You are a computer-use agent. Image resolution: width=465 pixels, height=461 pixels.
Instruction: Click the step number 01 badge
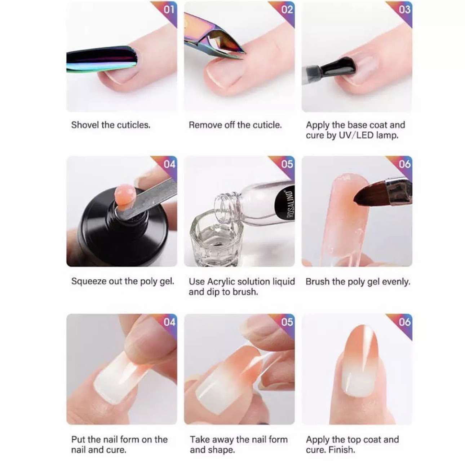169,10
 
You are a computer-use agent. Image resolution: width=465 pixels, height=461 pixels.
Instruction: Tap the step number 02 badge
287,10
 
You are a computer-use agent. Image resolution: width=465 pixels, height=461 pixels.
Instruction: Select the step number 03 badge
404,10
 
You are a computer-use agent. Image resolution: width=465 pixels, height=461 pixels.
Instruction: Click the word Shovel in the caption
85,125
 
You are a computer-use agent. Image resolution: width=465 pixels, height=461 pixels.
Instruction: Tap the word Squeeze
89,282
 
